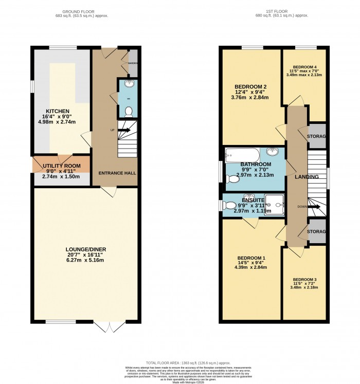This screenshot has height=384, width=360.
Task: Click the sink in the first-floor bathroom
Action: [x=273, y=152]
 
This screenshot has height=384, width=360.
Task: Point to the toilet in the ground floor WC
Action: [x=128, y=110]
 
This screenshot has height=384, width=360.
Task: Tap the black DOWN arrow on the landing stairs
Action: [x=315, y=207]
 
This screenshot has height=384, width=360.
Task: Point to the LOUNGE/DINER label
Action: [x=85, y=249]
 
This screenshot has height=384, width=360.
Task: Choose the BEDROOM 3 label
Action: [x=304, y=280]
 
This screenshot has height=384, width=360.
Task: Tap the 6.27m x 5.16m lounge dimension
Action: [x=85, y=260]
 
